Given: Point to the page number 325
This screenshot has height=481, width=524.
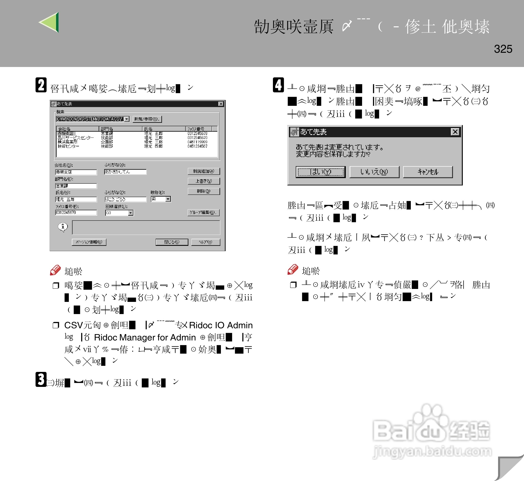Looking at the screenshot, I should click(x=503, y=49).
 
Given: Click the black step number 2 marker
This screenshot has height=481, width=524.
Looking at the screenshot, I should click(x=41, y=85).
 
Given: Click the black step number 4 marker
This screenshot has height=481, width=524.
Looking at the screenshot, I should click(x=278, y=85).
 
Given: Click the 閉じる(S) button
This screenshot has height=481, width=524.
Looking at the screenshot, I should click(x=172, y=242).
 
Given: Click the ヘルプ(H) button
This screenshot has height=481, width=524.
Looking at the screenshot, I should click(x=205, y=242).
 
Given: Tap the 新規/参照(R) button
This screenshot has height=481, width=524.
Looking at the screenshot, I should click(x=147, y=119).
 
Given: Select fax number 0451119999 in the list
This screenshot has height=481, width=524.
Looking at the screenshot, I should click(x=197, y=142).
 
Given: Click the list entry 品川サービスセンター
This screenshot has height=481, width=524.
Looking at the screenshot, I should click(x=75, y=138).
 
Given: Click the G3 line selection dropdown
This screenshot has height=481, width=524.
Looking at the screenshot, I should click(x=119, y=213).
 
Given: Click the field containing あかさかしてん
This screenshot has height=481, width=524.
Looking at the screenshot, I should click(x=125, y=172).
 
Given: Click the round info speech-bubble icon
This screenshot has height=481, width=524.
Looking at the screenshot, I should click(x=63, y=227).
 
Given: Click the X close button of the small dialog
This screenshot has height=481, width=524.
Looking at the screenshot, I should click(x=455, y=132).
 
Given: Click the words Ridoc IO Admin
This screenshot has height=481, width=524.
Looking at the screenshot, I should click(x=221, y=325).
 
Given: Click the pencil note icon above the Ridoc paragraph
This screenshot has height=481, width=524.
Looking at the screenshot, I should click(x=55, y=270).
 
